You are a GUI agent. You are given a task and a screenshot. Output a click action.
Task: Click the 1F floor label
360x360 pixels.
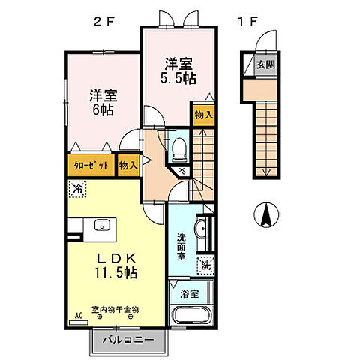249,22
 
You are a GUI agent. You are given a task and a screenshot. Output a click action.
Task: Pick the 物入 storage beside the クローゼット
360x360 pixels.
128,165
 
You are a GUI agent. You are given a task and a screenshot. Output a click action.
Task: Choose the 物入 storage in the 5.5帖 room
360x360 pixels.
203,115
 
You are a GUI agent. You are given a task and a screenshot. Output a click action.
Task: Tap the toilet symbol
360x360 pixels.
178,151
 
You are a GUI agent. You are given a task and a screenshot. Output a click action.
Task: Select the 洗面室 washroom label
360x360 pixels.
181,246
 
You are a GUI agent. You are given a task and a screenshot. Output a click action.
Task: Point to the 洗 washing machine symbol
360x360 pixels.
205,264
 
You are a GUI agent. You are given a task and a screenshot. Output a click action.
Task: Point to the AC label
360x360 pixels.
76,316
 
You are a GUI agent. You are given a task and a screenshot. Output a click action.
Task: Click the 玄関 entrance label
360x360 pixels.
265,64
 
